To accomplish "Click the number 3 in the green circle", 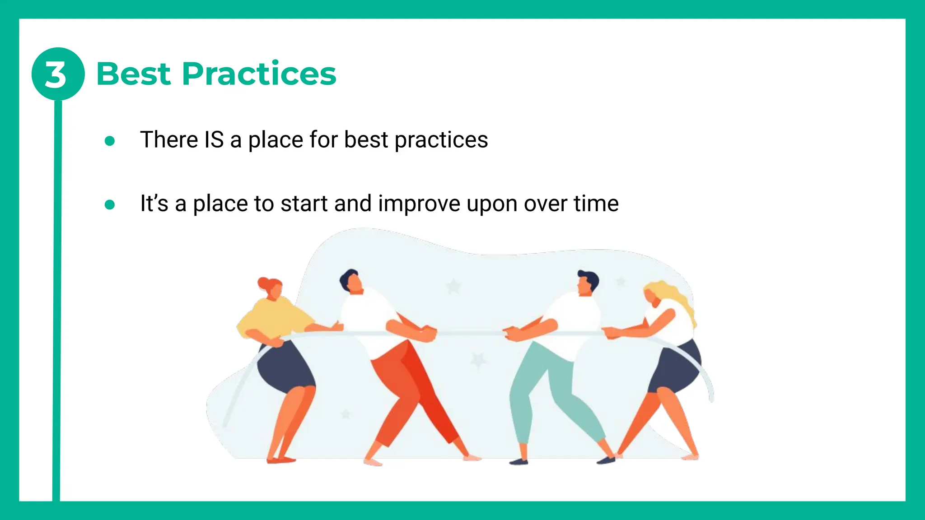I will (56, 74).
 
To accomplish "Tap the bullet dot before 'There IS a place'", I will (109, 141).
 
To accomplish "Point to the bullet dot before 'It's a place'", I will (109, 205).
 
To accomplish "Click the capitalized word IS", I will (214, 139).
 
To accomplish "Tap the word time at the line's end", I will (596, 204).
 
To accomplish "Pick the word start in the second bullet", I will (304, 204).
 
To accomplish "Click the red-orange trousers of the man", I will (406, 384).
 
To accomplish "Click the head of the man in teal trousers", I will (587, 283).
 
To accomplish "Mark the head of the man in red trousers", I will (351, 281).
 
